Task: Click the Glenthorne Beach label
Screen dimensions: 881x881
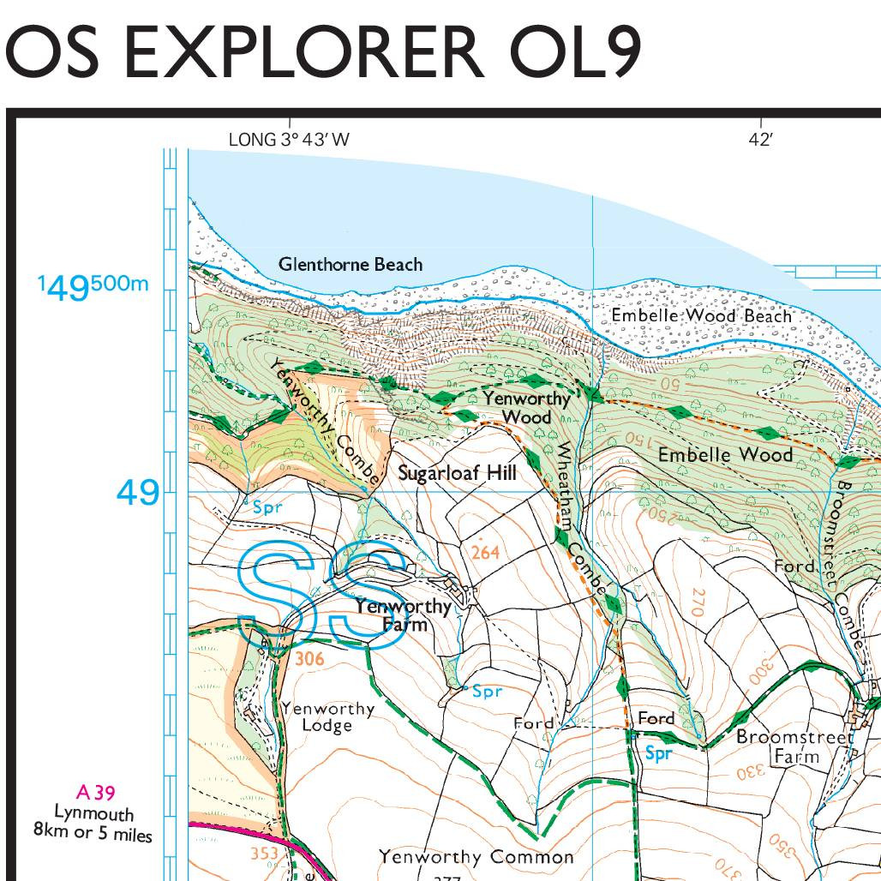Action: click(350, 264)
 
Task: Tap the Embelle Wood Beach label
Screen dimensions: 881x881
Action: click(701, 315)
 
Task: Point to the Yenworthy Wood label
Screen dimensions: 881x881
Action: click(526, 407)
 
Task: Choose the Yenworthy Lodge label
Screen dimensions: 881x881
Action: click(327, 717)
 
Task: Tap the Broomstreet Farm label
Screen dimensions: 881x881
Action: click(795, 746)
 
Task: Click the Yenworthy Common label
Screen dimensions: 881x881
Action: click(476, 857)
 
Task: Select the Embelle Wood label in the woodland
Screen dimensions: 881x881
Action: click(725, 454)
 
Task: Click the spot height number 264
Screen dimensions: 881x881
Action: click(485, 553)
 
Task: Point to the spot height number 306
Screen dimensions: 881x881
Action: click(309, 659)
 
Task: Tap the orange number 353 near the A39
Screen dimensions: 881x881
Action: click(264, 854)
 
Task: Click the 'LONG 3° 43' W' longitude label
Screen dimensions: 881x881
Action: click(289, 139)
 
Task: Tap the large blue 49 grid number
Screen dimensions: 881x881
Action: click(138, 493)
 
